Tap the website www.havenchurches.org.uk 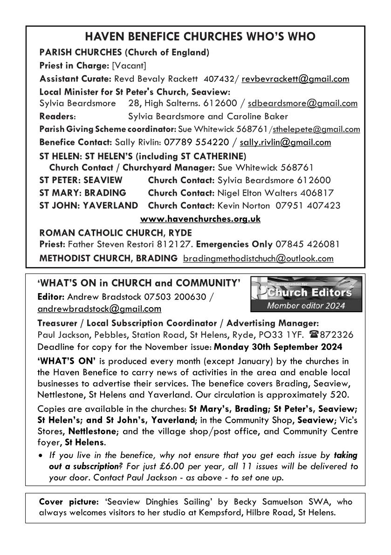200,219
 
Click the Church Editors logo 306,294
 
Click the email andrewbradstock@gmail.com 99,308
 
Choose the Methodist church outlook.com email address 258,258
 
